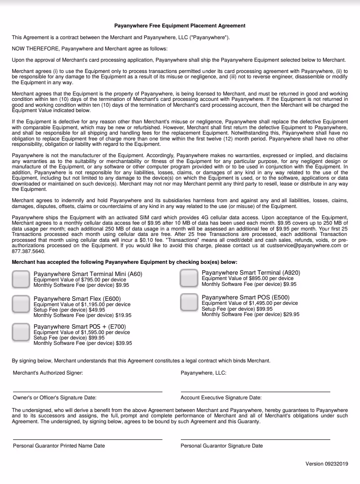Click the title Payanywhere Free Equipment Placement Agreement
tap(180, 26)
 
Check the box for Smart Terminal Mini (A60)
tap(21, 279)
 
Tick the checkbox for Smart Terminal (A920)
tap(189, 278)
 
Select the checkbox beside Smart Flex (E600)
tap(21, 304)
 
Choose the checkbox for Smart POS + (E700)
tap(21, 332)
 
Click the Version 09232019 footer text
tap(327, 464)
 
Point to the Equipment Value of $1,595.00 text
tap(81, 332)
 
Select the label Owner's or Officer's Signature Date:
tap(54, 398)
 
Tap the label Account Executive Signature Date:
tap(221, 398)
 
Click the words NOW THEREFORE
tap(36, 49)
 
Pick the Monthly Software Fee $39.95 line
tap(83, 343)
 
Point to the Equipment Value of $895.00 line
tap(247, 278)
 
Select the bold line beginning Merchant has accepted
tap(124, 262)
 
